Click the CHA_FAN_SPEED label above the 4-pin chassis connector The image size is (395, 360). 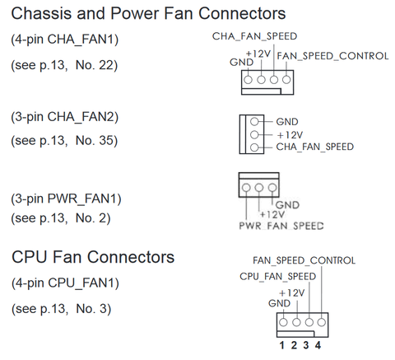tap(254, 36)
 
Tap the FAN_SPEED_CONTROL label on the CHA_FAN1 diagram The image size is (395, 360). tap(332, 56)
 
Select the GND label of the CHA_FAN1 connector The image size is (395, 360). tap(241, 63)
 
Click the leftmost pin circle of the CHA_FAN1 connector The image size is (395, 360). tap(248, 80)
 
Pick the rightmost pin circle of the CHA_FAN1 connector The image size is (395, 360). tap(286, 80)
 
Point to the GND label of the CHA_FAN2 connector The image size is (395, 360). tap(287, 122)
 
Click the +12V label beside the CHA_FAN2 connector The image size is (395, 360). tap(290, 135)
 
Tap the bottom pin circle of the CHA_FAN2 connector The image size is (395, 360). tap(254, 147)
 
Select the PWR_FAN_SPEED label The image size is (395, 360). tap(281, 226)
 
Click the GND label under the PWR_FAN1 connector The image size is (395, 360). tap(287, 205)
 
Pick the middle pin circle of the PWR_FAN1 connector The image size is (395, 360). tap(259, 188)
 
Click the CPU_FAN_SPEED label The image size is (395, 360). tap(277, 277)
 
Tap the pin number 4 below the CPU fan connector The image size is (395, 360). tap(318, 345)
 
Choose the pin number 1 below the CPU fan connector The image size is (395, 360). tap(281, 345)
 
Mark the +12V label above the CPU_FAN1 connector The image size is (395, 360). tap(291, 293)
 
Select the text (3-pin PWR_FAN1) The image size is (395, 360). tap(66, 199)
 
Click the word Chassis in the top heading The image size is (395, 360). tap(42, 13)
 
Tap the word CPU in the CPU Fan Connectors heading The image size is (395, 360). tap(30, 257)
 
